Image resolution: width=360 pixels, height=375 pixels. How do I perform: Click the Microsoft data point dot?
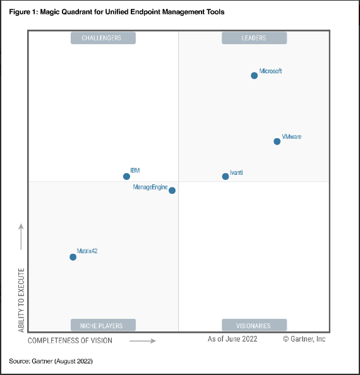click(255, 75)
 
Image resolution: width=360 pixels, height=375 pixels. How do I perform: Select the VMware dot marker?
click(277, 141)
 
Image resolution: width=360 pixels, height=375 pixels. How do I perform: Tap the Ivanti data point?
click(225, 176)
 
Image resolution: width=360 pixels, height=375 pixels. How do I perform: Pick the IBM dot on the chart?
click(126, 176)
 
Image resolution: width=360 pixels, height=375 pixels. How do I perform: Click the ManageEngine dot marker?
click(172, 190)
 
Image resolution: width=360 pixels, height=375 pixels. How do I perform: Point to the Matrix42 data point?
click(73, 257)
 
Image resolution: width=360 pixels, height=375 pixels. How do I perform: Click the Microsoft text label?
click(270, 71)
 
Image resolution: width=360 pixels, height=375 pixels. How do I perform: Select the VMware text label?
click(291, 136)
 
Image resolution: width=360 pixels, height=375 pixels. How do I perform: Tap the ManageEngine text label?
click(150, 187)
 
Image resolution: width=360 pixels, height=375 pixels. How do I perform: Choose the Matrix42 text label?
click(87, 251)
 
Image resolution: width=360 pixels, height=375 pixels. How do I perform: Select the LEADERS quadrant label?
click(254, 38)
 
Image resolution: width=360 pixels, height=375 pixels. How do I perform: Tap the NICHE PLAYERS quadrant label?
click(101, 326)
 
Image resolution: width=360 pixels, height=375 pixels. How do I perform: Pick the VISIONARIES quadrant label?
click(254, 326)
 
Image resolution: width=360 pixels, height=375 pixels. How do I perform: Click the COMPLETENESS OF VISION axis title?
click(70, 341)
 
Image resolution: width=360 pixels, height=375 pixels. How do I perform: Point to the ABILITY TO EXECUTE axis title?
click(21, 301)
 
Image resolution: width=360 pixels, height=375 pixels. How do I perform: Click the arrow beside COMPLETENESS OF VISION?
click(143, 341)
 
